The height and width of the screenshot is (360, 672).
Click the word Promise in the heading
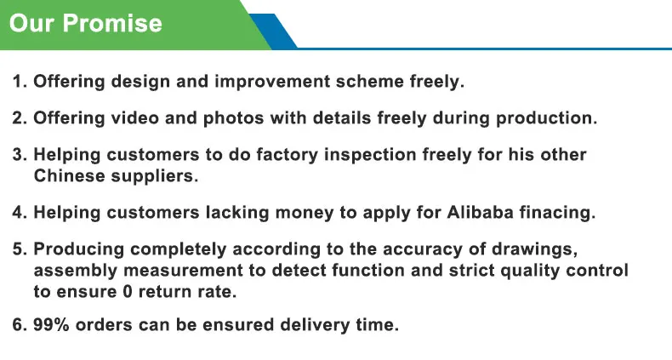[x=112, y=23]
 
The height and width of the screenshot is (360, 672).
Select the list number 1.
[x=20, y=82]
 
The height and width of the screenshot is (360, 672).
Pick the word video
[x=135, y=117]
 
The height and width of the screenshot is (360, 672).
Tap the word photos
[x=233, y=118]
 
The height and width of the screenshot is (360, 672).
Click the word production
[x=546, y=118]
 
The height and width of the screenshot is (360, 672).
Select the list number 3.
[x=20, y=155]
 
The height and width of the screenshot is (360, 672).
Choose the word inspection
[x=370, y=156]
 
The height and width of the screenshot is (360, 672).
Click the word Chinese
[x=70, y=175]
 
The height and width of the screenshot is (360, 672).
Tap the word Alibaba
[x=480, y=212]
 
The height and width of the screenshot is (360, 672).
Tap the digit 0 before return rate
[x=128, y=292]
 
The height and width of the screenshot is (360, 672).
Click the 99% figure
[x=51, y=324]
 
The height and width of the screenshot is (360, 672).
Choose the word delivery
[x=315, y=325]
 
